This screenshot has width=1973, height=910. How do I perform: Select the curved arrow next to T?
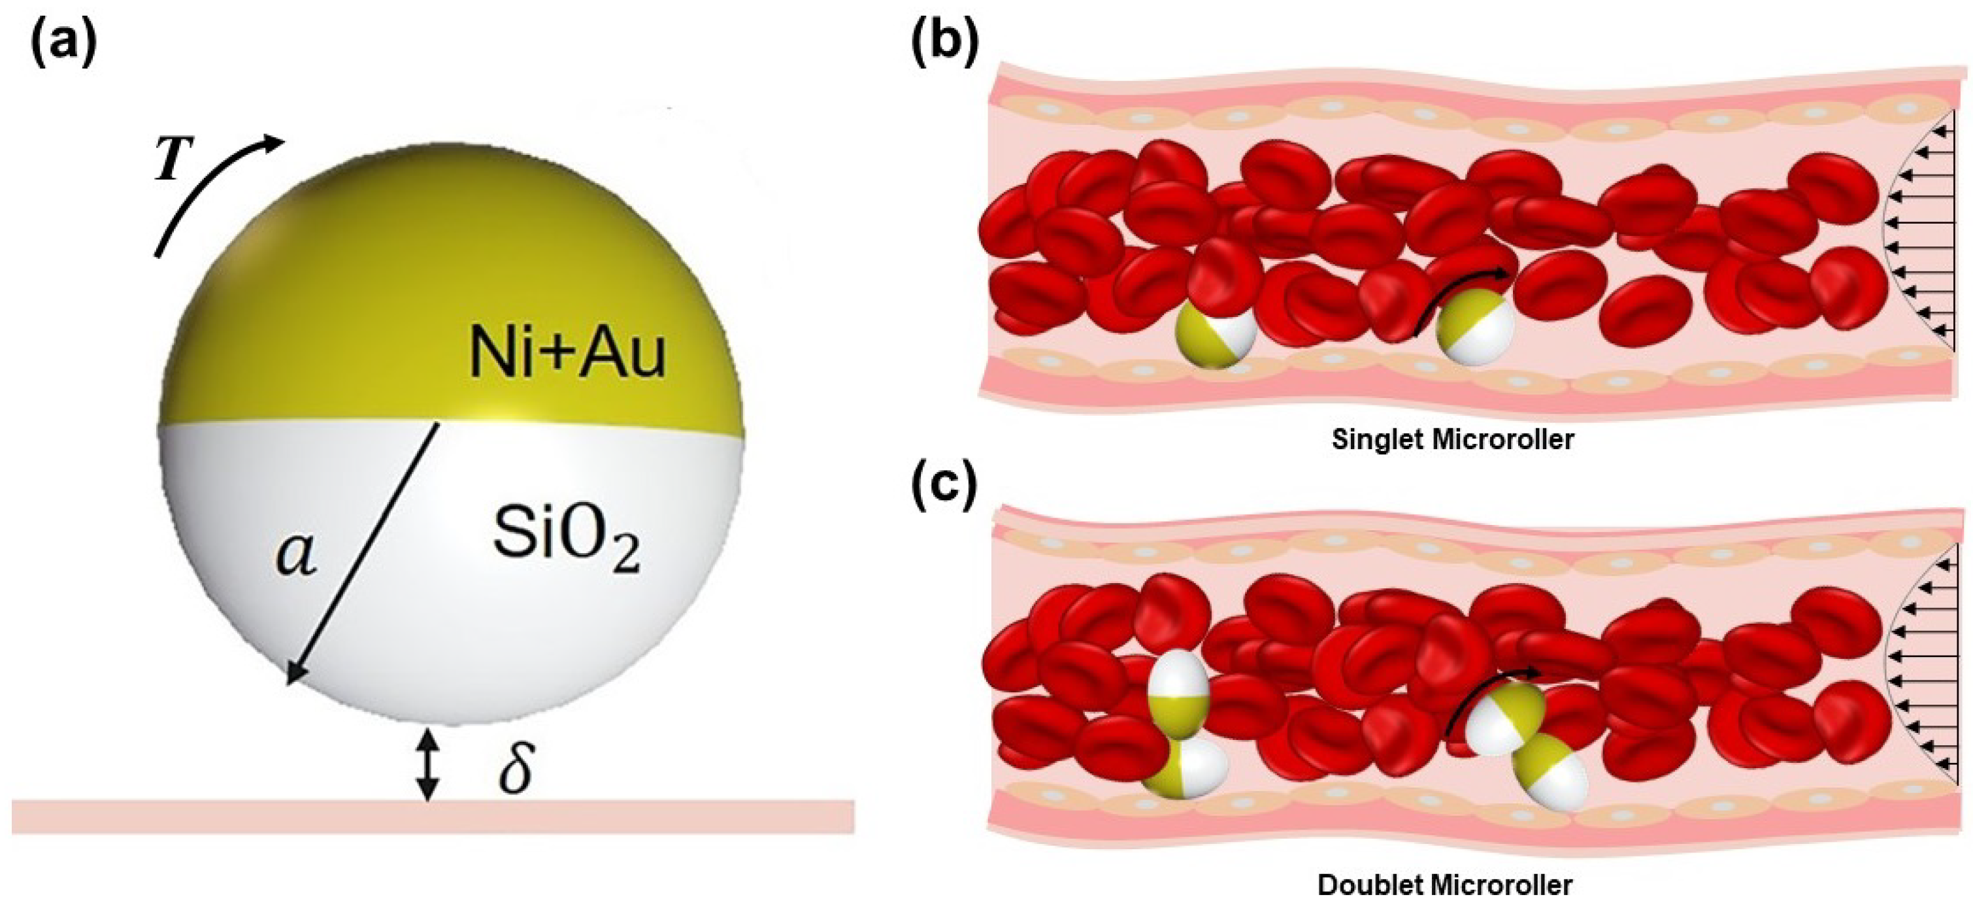(x=207, y=192)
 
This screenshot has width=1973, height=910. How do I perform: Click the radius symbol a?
(x=297, y=554)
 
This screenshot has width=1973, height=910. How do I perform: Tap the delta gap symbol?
(x=515, y=766)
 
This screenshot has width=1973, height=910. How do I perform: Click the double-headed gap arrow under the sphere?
(x=428, y=766)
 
